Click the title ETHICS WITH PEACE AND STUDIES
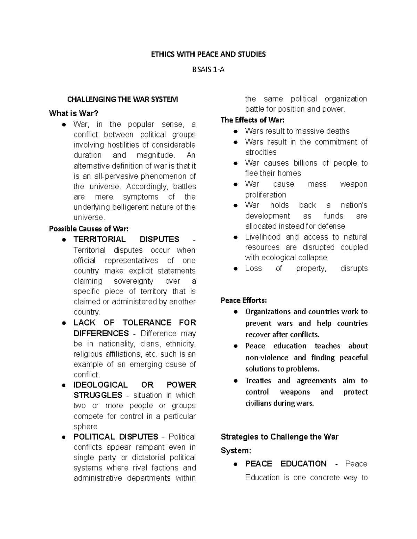click(208, 54)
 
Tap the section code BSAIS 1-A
click(208, 69)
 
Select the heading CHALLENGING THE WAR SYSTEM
click(122, 100)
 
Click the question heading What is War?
click(74, 113)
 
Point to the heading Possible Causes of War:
click(89, 229)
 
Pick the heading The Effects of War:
click(253, 120)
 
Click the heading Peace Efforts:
click(244, 300)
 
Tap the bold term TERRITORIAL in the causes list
click(99, 239)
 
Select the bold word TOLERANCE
click(147, 322)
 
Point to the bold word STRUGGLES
click(98, 395)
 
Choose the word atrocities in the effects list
click(261, 152)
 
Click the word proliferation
click(265, 195)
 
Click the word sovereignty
click(133, 281)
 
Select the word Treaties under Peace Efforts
click(258, 381)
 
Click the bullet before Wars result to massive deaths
click(236, 132)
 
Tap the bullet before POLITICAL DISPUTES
click(64, 437)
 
